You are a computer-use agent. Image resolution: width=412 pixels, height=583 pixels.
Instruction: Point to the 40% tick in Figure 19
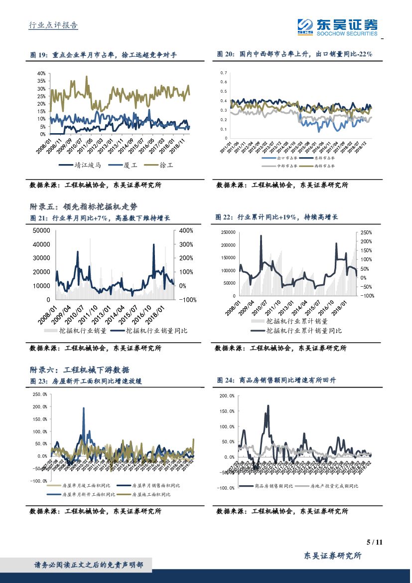point(41,73)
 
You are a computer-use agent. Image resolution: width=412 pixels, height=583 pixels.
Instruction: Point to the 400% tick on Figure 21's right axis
point(186,230)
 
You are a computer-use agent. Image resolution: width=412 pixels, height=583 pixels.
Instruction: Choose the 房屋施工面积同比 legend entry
point(150,494)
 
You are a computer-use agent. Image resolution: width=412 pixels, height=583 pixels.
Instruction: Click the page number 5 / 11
point(374,542)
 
